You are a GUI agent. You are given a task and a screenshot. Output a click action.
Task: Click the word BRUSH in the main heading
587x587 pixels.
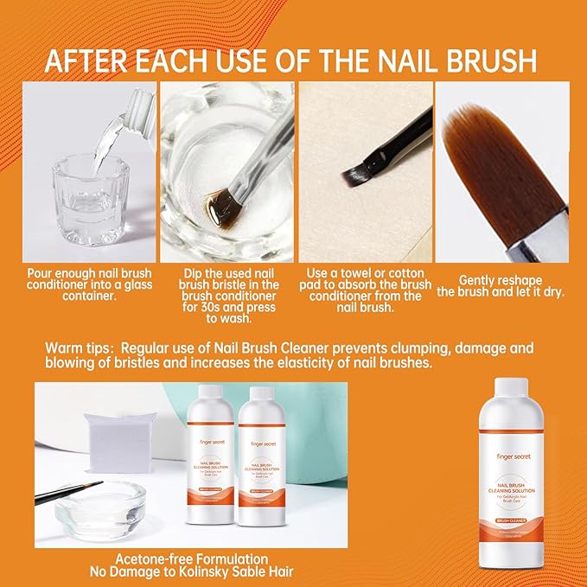click(x=488, y=61)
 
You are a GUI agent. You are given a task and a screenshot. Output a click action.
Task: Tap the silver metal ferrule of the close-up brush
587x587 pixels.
click(x=546, y=239)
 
